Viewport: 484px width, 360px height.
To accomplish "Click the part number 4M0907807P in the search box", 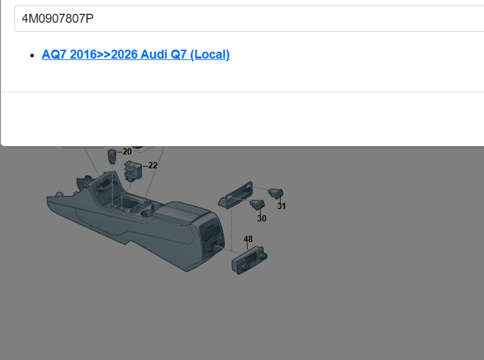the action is coord(58,19).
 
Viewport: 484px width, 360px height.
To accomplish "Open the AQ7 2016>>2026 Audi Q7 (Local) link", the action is coord(136,54).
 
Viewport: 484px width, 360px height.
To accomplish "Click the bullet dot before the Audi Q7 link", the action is coord(32,56).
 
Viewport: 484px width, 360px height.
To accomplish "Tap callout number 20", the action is coord(127,152).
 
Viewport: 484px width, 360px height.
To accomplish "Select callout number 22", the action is coord(153,166).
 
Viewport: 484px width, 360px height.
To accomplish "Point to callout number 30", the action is coord(262,219).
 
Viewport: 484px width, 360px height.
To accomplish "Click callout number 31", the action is coord(281,206).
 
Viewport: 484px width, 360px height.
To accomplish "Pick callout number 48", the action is coord(248,239).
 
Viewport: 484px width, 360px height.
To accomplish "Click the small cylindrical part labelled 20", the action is coord(112,155).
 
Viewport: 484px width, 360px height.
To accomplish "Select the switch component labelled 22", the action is coord(133,171).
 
